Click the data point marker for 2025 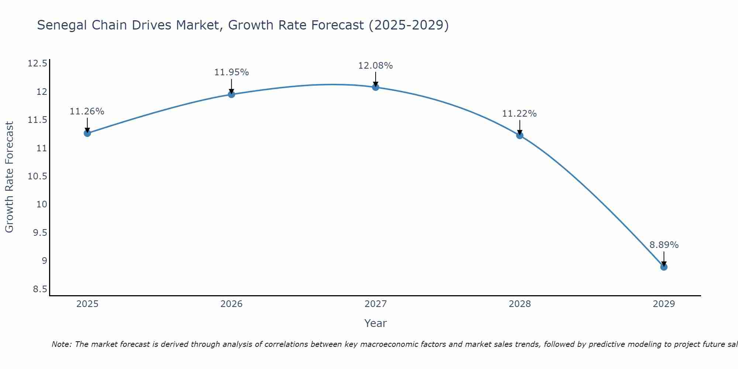point(87,133)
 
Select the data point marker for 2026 point(231,94)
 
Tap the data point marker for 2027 point(376,87)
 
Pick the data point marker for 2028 point(520,135)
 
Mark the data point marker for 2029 point(664,267)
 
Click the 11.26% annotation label point(87,111)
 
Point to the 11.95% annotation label point(231,72)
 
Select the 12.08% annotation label point(376,66)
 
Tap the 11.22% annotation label point(520,114)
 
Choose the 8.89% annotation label point(664,245)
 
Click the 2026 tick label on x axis point(231,304)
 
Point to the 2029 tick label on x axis point(664,304)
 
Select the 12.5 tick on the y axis point(37,63)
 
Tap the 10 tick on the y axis point(42,204)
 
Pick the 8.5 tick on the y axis point(40,289)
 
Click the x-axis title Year point(376,323)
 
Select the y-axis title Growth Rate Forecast point(9,177)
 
